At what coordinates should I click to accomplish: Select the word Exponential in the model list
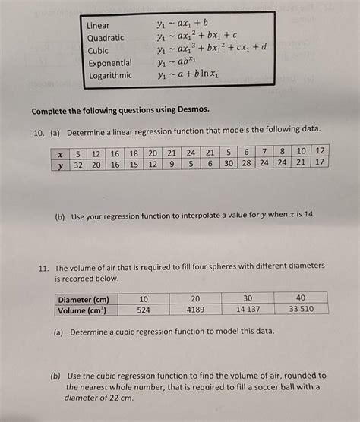[x=109, y=63]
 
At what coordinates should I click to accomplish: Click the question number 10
[x=38, y=131]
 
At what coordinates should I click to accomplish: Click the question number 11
[x=38, y=266]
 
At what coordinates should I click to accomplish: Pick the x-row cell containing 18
[x=134, y=153]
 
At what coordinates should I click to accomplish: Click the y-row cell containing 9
[x=172, y=164]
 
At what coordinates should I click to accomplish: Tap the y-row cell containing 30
[x=229, y=164]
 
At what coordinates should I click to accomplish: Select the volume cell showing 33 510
[x=302, y=310]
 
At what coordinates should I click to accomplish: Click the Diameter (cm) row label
[x=84, y=298]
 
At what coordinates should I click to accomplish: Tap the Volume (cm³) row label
[x=82, y=310]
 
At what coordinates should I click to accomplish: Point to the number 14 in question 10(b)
[x=308, y=216]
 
